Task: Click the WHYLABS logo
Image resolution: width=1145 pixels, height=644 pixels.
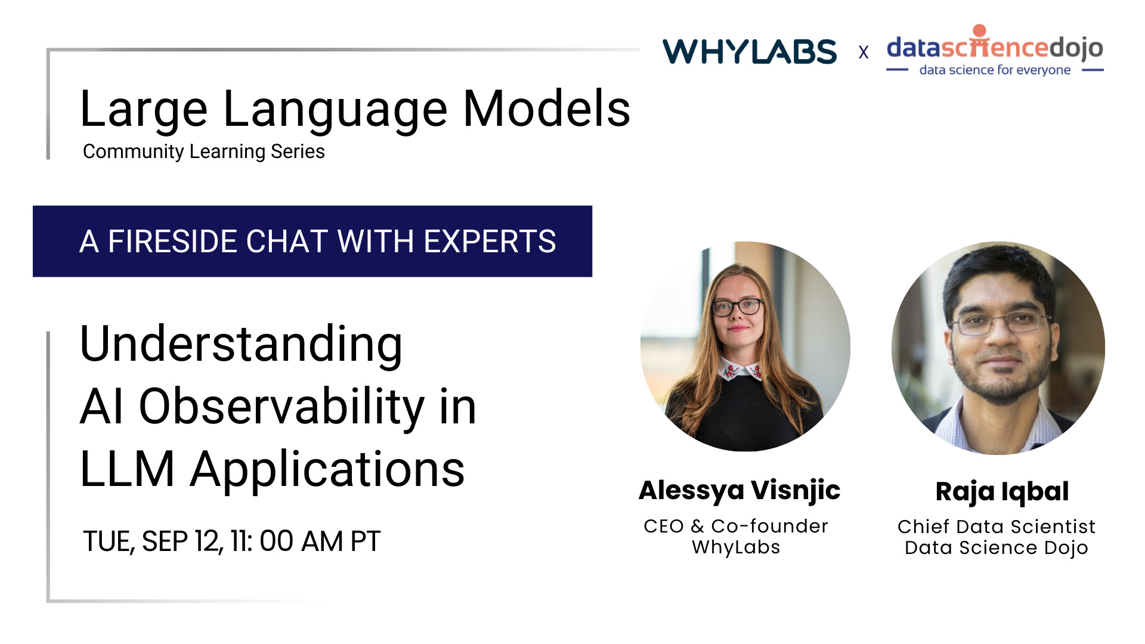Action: click(x=750, y=51)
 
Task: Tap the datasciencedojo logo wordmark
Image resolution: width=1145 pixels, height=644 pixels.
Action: click(x=995, y=47)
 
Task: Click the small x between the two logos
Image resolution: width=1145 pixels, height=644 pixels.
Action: click(x=863, y=53)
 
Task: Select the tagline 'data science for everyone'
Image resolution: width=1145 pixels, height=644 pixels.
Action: click(x=995, y=70)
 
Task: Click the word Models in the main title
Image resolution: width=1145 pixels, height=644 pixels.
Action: click(x=546, y=109)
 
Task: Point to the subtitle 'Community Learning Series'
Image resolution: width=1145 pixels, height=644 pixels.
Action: click(x=203, y=151)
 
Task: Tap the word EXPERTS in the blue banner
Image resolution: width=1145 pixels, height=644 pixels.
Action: click(x=490, y=241)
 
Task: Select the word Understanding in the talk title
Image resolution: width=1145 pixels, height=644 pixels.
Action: click(x=241, y=345)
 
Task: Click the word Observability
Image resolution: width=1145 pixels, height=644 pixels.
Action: click(x=281, y=407)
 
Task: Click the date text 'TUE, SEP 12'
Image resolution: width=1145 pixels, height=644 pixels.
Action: click(x=152, y=541)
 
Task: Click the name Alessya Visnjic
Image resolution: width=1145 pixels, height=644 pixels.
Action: click(x=739, y=490)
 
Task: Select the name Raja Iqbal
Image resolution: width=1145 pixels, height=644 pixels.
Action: click(x=1002, y=491)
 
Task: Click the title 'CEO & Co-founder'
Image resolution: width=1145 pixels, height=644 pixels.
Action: click(x=736, y=526)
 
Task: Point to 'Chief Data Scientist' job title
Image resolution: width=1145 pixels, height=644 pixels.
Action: click(x=997, y=527)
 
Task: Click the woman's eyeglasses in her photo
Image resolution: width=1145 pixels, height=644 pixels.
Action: click(x=737, y=307)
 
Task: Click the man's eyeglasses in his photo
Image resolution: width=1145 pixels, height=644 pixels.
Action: click(x=1002, y=323)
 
